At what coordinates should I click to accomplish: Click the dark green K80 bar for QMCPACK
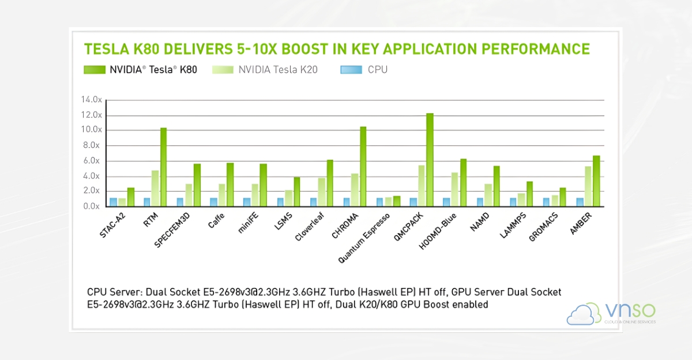click(x=430, y=159)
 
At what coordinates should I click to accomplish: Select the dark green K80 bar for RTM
click(x=163, y=167)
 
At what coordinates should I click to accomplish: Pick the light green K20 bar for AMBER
click(x=588, y=186)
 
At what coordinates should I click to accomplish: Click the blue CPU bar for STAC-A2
click(x=114, y=202)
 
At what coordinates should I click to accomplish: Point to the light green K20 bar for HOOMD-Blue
click(x=454, y=189)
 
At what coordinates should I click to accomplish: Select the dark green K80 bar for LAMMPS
click(x=529, y=193)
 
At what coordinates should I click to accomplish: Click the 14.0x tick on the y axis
click(x=92, y=100)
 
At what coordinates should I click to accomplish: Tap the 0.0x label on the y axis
click(x=92, y=206)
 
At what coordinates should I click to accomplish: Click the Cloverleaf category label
click(x=314, y=226)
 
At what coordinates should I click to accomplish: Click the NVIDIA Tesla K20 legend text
click(x=277, y=70)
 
